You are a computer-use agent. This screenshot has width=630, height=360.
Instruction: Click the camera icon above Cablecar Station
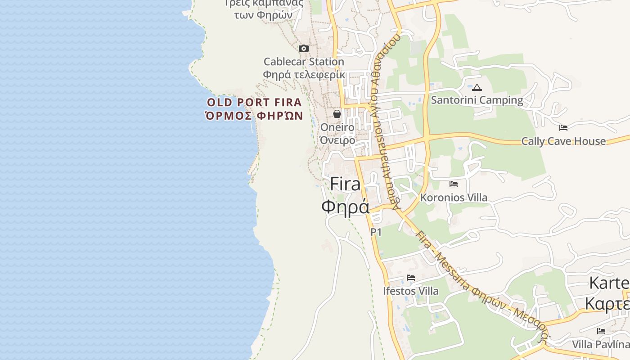click(x=304, y=48)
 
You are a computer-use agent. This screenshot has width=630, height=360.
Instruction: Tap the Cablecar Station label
click(x=304, y=62)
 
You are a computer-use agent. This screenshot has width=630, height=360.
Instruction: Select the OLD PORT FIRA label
click(x=254, y=102)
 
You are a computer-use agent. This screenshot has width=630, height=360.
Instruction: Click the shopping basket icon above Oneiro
click(x=337, y=114)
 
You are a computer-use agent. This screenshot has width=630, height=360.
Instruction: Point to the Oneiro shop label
click(x=337, y=127)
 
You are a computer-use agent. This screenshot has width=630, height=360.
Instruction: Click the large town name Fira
click(x=346, y=184)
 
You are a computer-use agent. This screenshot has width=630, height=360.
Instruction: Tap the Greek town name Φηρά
click(x=346, y=206)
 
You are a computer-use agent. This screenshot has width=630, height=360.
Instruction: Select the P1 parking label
click(x=376, y=232)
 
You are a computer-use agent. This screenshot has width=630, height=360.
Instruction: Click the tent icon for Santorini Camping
click(x=477, y=87)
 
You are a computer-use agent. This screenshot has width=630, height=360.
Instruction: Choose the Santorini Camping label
click(x=477, y=100)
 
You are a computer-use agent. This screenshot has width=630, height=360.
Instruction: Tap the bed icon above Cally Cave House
click(x=563, y=128)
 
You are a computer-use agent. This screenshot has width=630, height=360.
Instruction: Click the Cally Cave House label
click(x=563, y=141)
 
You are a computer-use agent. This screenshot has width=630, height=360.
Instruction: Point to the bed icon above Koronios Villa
click(x=454, y=184)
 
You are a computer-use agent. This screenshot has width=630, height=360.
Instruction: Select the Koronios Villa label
click(x=454, y=198)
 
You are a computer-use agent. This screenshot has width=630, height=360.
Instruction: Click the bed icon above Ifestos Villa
click(x=411, y=278)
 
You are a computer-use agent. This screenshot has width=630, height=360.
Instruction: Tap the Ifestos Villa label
click(x=411, y=291)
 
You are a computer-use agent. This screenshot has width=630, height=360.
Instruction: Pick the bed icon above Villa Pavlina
click(x=601, y=331)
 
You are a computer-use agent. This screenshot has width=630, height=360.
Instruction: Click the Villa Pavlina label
click(x=601, y=345)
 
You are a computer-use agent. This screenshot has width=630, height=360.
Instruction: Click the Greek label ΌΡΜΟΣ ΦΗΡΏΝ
click(x=254, y=116)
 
